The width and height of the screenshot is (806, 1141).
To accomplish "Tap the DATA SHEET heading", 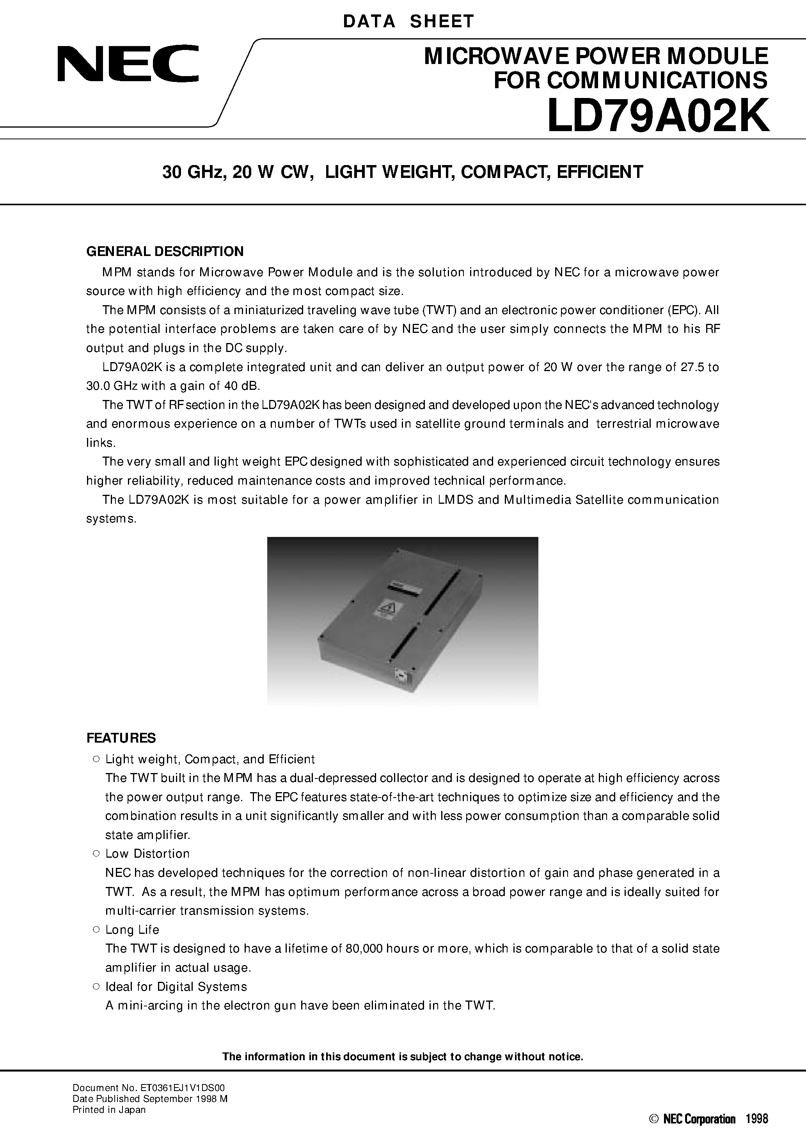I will click(x=408, y=21).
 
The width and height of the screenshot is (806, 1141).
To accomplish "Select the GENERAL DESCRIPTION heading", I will click(x=165, y=251).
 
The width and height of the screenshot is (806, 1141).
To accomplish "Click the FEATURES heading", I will click(x=121, y=738).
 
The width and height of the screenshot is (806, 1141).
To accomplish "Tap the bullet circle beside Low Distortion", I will click(x=96, y=854).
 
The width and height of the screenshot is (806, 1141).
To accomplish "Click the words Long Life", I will click(x=132, y=930).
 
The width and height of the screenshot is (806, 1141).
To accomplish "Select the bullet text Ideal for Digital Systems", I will click(x=176, y=986).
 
